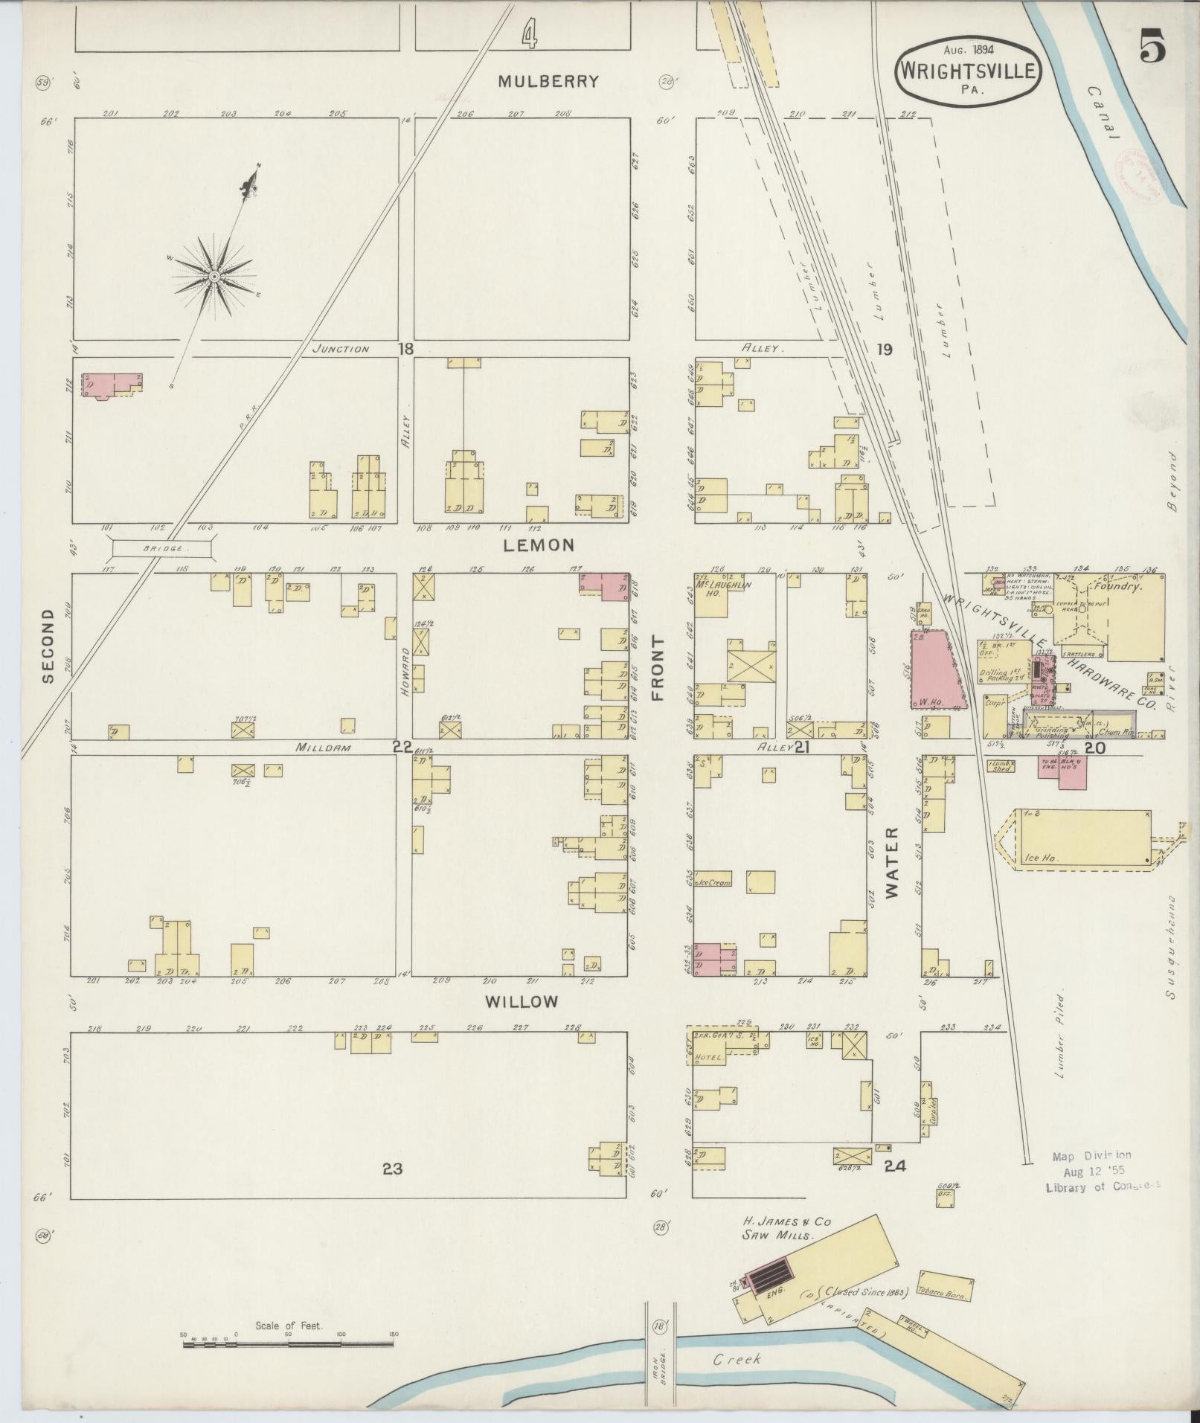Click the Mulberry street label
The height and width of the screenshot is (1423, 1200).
548,81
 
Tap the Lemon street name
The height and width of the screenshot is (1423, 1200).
539,545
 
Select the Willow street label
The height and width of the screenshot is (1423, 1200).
522,1002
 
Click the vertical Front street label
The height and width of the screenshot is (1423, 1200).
658,667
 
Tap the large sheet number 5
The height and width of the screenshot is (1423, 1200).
1150,49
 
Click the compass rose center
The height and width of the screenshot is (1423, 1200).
214,277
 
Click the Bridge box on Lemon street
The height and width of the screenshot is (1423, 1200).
163,547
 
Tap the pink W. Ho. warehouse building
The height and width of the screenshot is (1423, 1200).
934,668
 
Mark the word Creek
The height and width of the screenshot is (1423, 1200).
737,1359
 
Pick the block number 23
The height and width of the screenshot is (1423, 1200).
392,1169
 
